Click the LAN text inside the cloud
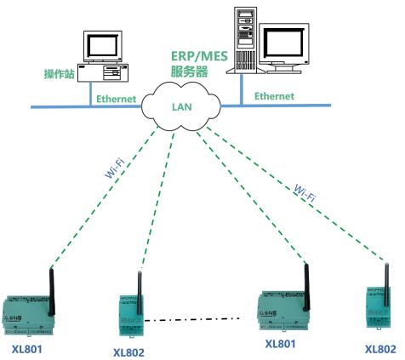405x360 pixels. click(x=182, y=107)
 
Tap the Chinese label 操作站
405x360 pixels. click(x=60, y=74)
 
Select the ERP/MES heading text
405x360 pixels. click(x=199, y=56)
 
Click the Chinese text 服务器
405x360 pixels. click(x=189, y=71)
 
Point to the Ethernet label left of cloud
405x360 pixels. click(x=117, y=99)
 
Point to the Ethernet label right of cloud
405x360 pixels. click(x=274, y=96)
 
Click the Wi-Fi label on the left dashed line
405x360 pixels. click(x=115, y=169)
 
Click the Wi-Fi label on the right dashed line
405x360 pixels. click(x=305, y=193)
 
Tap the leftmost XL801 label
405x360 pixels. click(x=27, y=349)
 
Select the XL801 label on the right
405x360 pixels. click(x=280, y=344)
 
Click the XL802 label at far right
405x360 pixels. click(x=380, y=349)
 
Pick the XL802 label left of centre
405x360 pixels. click(x=128, y=352)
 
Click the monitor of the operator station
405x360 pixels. click(x=103, y=47)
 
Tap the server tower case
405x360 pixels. click(x=246, y=40)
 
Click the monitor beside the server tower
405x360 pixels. click(x=284, y=49)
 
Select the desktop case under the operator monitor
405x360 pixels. click(x=103, y=72)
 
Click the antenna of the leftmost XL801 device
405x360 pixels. click(x=51, y=292)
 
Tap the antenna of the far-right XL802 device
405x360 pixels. click(x=386, y=284)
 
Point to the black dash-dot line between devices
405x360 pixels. click(x=192, y=319)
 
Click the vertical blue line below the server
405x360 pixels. click(x=242, y=90)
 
